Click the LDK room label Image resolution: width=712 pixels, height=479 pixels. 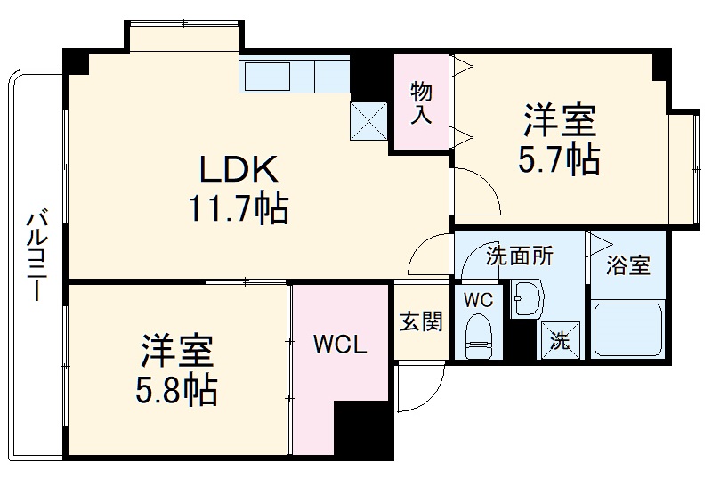[x=238, y=168]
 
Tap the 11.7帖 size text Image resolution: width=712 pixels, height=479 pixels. [x=238, y=209]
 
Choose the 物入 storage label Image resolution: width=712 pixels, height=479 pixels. [x=421, y=102]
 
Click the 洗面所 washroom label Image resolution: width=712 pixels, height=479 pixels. [x=519, y=256]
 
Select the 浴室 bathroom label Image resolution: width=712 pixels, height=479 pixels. [x=628, y=265]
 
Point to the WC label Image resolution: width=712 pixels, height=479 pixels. [x=479, y=300]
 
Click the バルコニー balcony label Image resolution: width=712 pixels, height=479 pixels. [x=36, y=254]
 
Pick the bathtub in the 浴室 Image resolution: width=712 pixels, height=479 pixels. [x=628, y=329]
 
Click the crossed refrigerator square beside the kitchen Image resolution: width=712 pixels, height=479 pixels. [x=368, y=122]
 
